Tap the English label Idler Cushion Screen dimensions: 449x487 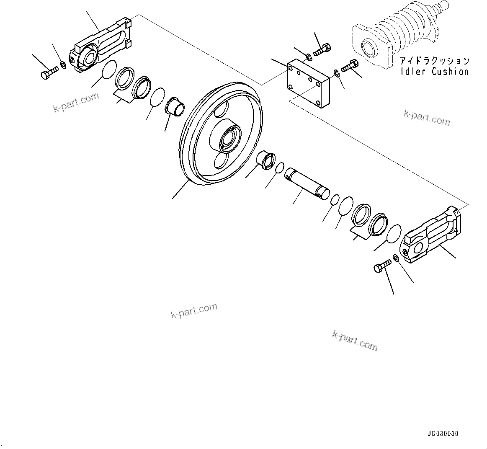point(434,72)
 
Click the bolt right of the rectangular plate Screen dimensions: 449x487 point(350,66)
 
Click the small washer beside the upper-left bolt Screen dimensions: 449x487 point(63,65)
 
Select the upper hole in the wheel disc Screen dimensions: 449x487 point(221,111)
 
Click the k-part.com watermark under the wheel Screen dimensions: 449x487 point(194,310)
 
